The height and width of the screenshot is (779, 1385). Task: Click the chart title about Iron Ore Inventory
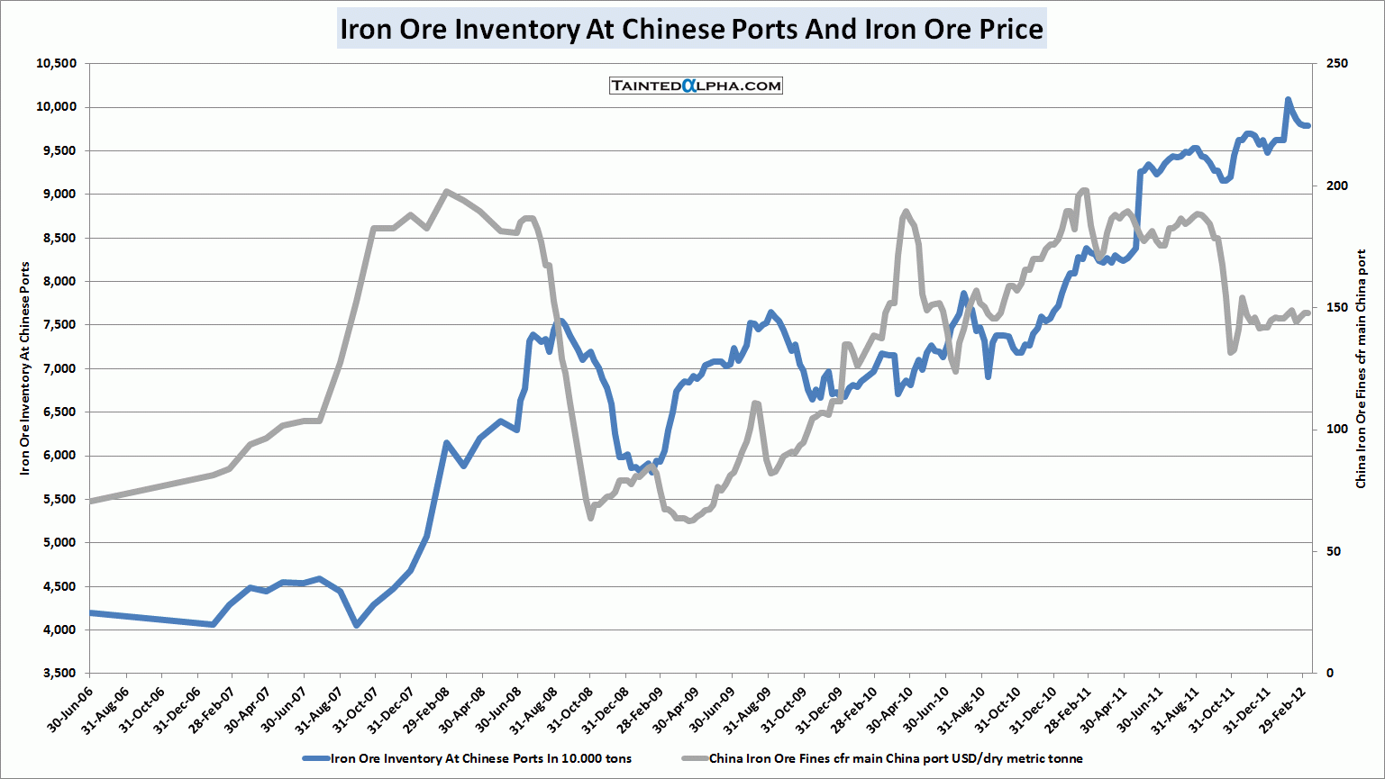tap(691, 29)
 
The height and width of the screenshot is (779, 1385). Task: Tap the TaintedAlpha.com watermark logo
tap(696, 86)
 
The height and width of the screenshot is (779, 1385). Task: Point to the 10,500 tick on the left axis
tap(56, 64)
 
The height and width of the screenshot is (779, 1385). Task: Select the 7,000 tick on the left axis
tap(59, 368)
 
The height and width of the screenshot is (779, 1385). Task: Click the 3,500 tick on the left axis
tap(59, 673)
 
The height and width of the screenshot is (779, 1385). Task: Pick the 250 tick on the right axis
tap(1337, 64)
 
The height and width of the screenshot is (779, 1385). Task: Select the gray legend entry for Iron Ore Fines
tap(883, 758)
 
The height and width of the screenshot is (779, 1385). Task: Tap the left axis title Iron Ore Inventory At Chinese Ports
tap(25, 368)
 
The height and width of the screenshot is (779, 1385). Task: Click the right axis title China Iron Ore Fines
tap(1361, 368)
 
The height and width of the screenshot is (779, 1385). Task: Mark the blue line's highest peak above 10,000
tap(1288, 99)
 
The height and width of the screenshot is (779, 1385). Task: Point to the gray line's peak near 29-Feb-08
tap(446, 191)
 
